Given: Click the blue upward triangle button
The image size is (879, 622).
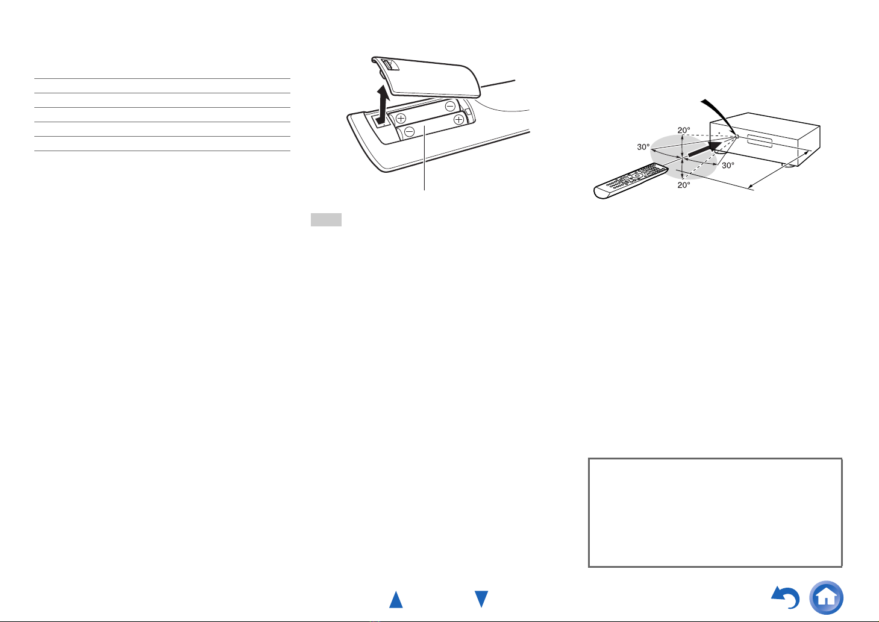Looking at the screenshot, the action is pyautogui.click(x=396, y=600).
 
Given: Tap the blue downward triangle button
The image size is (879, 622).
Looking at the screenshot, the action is pyautogui.click(x=481, y=599).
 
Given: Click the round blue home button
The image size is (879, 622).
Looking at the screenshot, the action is pyautogui.click(x=826, y=597).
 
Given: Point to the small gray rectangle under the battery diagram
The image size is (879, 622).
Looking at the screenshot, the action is pyautogui.click(x=326, y=220).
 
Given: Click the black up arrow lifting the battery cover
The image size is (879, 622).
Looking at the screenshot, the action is pyautogui.click(x=382, y=105).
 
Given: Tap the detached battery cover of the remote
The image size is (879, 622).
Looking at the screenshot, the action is pyautogui.click(x=426, y=77).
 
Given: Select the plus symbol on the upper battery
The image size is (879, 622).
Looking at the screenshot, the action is pyautogui.click(x=401, y=118).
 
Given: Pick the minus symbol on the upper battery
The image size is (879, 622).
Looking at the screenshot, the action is pyautogui.click(x=450, y=106).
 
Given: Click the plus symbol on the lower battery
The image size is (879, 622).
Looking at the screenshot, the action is pyautogui.click(x=458, y=120).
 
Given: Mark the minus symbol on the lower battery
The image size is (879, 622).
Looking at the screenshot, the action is pyautogui.click(x=409, y=131).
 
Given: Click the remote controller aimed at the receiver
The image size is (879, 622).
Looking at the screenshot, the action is pyautogui.click(x=631, y=181).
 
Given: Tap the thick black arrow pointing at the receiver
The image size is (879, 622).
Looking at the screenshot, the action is pyautogui.click(x=705, y=149).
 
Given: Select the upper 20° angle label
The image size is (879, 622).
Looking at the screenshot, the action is pyautogui.click(x=684, y=130).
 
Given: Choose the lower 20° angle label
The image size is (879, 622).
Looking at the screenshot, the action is pyautogui.click(x=684, y=185).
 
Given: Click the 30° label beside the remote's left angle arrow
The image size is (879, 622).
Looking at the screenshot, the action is pyautogui.click(x=643, y=147).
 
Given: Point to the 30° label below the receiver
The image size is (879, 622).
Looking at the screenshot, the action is pyautogui.click(x=728, y=166).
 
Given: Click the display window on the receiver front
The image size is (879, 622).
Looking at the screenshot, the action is pyautogui.click(x=760, y=141).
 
